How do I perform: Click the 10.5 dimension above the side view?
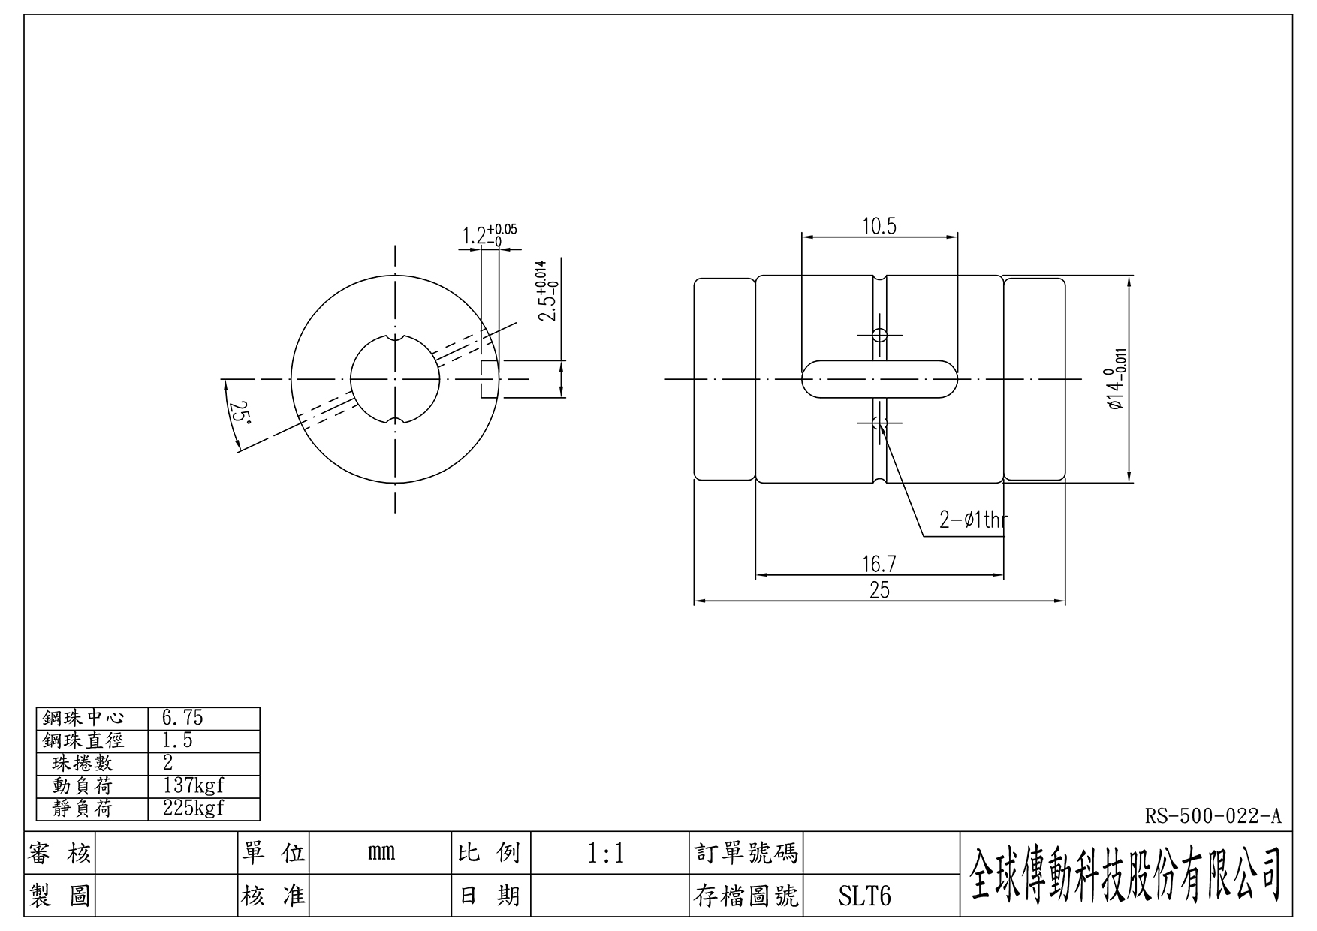click(x=879, y=226)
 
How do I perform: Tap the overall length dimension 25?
click(x=879, y=590)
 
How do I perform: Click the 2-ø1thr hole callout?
click(x=973, y=520)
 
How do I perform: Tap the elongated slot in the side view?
click(x=879, y=378)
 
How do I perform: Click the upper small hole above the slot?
click(x=879, y=335)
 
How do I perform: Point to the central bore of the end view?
click(x=395, y=379)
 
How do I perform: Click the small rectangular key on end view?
click(x=490, y=379)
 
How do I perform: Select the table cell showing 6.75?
click(x=182, y=718)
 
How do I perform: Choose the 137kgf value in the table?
click(x=193, y=786)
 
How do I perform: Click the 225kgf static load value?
click(x=193, y=809)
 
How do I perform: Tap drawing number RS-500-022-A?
click(x=1213, y=815)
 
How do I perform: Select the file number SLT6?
click(x=864, y=896)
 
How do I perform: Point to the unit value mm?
click(x=381, y=854)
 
